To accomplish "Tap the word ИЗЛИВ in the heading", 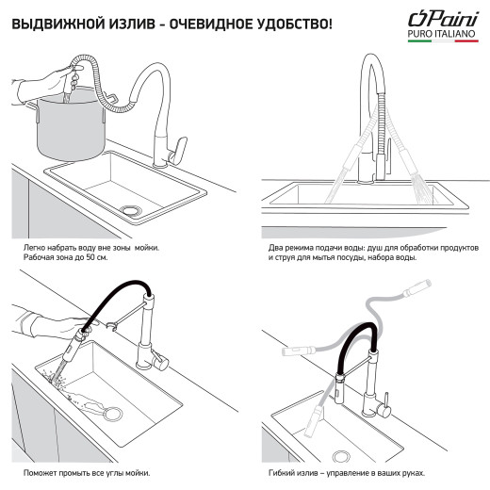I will [x=133, y=21].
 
